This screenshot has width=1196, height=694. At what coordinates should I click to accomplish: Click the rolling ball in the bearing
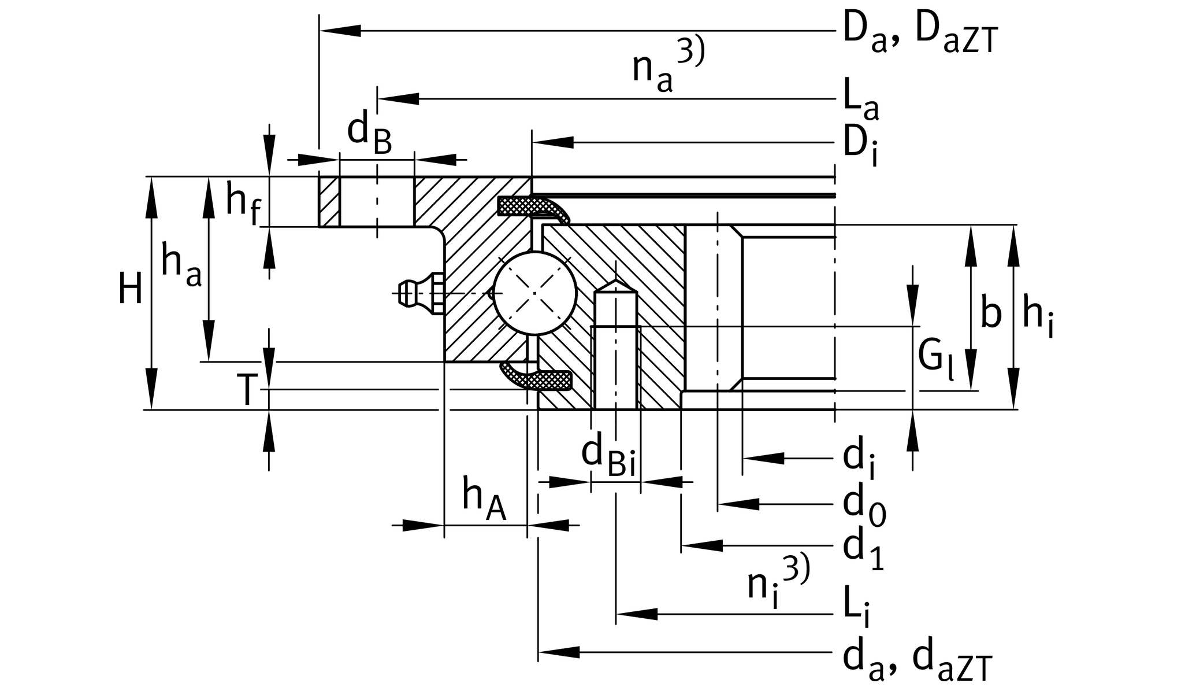[535, 293]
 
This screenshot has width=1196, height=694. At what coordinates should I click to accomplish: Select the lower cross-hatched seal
[540, 378]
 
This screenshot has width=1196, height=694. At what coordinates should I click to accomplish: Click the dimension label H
[130, 289]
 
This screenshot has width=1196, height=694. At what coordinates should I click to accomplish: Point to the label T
[246, 390]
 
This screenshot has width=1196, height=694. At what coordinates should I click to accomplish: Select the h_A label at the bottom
[484, 501]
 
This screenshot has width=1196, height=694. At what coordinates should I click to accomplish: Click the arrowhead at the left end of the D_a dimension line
[341, 31]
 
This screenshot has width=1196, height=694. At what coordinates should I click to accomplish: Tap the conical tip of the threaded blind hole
[616, 286]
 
